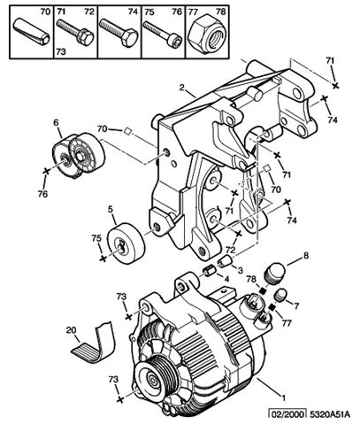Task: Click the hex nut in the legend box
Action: pyautogui.click(x=207, y=35)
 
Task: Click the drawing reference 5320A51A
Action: pyautogui.click(x=330, y=414)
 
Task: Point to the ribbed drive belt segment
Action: pyautogui.click(x=95, y=342)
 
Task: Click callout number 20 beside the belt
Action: pyautogui.click(x=71, y=330)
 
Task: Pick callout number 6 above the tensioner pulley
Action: pyautogui.click(x=56, y=122)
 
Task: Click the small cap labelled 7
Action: pyautogui.click(x=281, y=295)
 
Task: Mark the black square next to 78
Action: pyautogui.click(x=263, y=290)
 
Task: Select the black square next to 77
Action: pyautogui.click(x=272, y=308)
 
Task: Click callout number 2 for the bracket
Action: pyautogui.click(x=182, y=88)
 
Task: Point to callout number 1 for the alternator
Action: pyautogui.click(x=284, y=398)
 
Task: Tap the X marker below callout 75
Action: pyautogui.click(x=103, y=259)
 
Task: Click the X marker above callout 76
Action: pyautogui.click(x=46, y=171)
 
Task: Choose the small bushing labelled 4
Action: pyautogui.click(x=208, y=271)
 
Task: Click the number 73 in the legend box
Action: pyautogui.click(x=61, y=52)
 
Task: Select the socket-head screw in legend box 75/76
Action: pyautogui.click(x=162, y=33)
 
